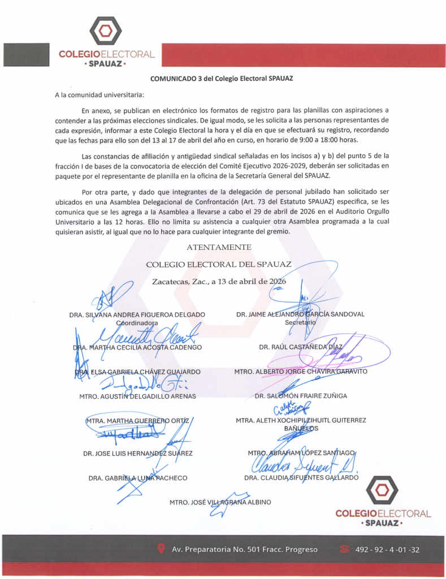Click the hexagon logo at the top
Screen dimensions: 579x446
105,32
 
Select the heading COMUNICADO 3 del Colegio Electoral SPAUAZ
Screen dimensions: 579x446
221,79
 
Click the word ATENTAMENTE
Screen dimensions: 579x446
219,247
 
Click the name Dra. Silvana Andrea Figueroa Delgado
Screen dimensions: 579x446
137,314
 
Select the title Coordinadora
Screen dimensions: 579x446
137,323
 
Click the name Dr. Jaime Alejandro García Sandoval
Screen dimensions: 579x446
300,314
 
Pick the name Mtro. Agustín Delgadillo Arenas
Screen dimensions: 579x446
137,396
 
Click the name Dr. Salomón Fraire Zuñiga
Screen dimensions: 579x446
301,396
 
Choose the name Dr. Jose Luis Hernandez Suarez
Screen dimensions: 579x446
137,453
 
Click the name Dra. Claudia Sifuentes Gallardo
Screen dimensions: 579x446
301,477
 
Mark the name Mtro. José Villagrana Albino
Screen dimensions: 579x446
220,502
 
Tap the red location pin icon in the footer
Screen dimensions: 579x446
161,548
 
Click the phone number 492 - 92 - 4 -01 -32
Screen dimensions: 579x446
387,550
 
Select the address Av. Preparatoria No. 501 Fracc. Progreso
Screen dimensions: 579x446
244,550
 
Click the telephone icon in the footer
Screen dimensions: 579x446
344,548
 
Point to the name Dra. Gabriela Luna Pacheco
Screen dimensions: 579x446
137,478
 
